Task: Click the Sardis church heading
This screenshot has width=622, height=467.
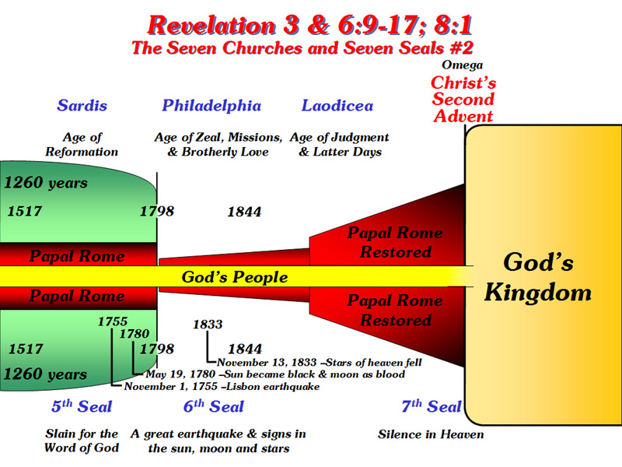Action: point(82,106)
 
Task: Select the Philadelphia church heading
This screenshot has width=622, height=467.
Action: point(211,106)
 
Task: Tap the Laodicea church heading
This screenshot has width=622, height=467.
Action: point(337,106)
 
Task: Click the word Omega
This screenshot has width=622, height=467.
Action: point(462,65)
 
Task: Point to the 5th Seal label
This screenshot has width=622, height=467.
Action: point(82,406)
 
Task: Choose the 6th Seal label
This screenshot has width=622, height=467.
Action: point(213,406)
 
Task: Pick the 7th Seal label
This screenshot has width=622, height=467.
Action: point(432,406)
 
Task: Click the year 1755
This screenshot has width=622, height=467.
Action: point(113,321)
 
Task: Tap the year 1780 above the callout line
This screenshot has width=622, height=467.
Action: point(135,334)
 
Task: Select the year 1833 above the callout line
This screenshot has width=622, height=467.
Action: point(208,325)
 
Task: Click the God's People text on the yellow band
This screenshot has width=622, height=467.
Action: point(235,277)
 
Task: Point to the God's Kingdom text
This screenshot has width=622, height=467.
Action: point(538,278)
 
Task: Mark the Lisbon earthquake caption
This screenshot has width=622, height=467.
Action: point(222,386)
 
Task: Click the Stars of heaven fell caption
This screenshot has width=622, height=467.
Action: point(320,363)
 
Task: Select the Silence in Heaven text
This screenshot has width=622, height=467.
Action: point(431,434)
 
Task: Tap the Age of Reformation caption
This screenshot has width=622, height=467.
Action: point(82,145)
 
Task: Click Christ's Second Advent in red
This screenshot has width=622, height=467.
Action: point(463,100)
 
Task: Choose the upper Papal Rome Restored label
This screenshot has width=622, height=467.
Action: point(395,242)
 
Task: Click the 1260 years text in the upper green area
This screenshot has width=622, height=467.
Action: point(46,183)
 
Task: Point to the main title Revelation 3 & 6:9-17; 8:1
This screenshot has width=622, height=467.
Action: point(309,26)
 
